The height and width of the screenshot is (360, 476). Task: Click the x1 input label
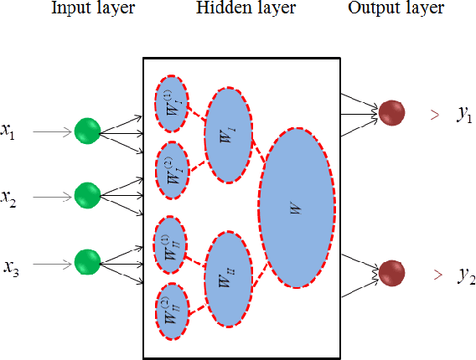[9, 132]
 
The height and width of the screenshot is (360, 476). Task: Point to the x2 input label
[9, 198]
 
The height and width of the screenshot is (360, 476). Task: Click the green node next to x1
[87, 131]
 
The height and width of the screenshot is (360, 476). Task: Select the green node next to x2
[87, 195]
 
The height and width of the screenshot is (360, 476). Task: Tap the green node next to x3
[87, 261]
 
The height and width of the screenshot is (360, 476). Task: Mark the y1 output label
[464, 116]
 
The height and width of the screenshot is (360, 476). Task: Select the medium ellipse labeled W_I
[228, 134]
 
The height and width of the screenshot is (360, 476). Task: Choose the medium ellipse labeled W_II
[228, 279]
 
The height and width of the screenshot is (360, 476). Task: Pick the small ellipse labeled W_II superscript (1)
[172, 245]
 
